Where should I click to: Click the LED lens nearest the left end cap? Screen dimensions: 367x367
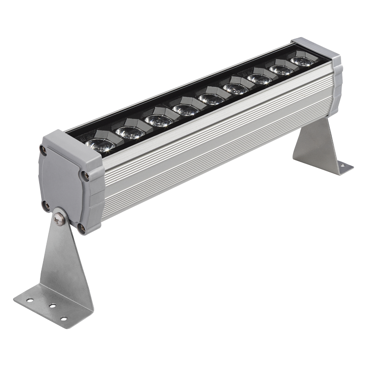[x=100, y=144]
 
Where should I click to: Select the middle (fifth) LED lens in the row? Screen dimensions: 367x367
[x=211, y=99]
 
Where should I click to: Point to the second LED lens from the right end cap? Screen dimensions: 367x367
[x=281, y=70]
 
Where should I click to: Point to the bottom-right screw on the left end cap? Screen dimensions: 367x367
[x=82, y=228]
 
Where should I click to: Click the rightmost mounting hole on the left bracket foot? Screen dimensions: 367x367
[x=63, y=319]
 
